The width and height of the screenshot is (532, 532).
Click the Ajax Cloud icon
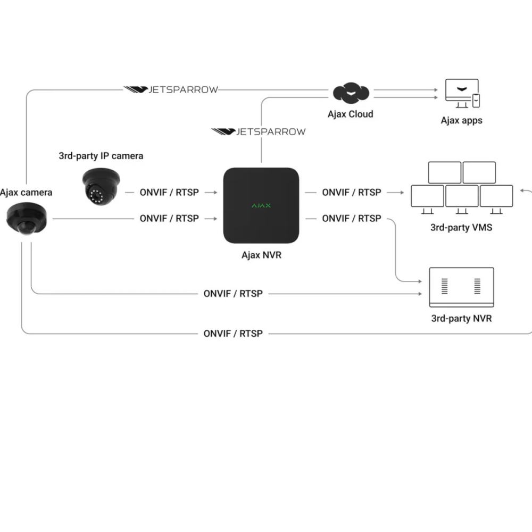(x=351, y=93)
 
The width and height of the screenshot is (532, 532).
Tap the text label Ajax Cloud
(x=350, y=114)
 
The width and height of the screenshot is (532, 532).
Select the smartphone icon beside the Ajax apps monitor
(x=476, y=101)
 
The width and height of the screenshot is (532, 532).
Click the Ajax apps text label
(x=461, y=120)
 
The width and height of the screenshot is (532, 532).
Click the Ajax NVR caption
(x=261, y=255)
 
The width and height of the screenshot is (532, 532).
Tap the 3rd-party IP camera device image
(x=101, y=186)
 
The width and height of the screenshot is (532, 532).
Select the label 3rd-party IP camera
(x=101, y=156)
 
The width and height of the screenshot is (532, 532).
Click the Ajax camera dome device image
(x=27, y=218)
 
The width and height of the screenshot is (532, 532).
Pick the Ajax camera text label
(x=26, y=192)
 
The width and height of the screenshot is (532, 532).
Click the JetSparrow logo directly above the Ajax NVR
(x=259, y=131)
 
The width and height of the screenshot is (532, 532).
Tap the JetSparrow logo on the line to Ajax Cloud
(x=171, y=89)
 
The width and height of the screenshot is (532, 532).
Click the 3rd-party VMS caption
(x=461, y=228)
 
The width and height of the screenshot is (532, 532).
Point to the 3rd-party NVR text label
(x=461, y=318)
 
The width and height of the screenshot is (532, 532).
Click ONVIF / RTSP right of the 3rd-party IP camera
(x=169, y=192)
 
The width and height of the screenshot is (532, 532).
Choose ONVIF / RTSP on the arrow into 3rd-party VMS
(x=352, y=192)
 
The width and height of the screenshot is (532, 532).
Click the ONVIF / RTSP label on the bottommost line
(x=233, y=334)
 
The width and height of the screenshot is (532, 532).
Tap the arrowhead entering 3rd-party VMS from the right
(x=523, y=190)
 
